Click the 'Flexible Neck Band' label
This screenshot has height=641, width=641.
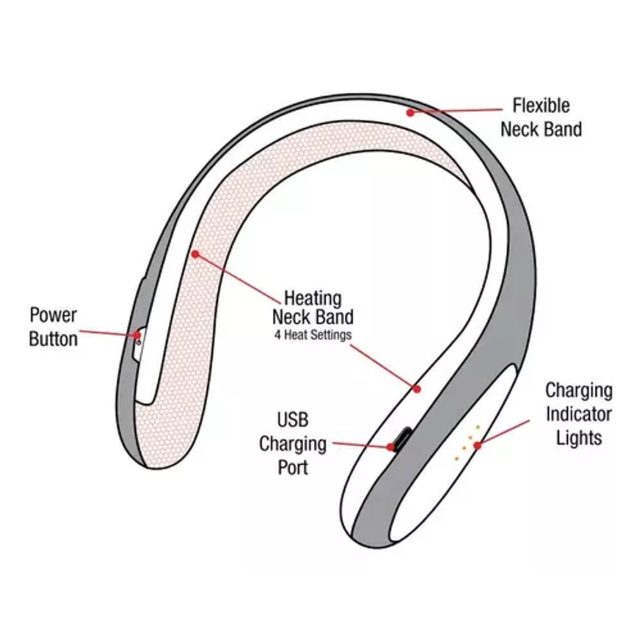click(541, 118)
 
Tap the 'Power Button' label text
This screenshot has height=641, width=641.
click(53, 327)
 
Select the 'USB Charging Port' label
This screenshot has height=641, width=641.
click(292, 444)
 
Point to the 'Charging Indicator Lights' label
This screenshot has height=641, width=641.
click(579, 414)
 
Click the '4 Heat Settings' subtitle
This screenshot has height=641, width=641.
click(312, 335)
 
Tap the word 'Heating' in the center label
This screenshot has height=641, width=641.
click(312, 299)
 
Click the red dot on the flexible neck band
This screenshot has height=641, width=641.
click(409, 112)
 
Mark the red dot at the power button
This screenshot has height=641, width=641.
click(137, 335)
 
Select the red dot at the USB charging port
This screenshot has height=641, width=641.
click(390, 447)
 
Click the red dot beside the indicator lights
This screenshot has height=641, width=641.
click(478, 445)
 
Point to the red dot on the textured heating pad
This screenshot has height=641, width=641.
click(195, 253)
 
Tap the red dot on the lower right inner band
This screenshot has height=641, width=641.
click(417, 388)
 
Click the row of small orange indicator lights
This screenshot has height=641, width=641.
click(467, 443)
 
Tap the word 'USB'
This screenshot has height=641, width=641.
click(292, 421)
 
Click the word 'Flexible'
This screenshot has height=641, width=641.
click(541, 106)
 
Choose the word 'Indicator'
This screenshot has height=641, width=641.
click(579, 414)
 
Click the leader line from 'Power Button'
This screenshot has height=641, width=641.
click(106, 332)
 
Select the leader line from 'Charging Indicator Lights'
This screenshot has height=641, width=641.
click(504, 432)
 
